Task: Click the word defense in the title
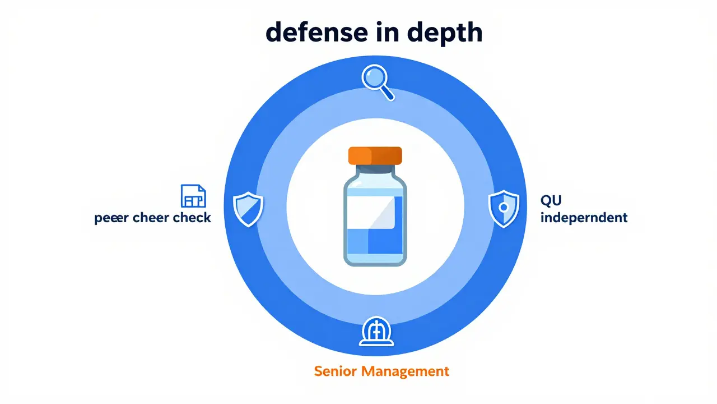click(x=308, y=33)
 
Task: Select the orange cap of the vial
click(x=375, y=155)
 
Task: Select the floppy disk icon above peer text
click(x=193, y=196)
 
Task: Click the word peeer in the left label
click(x=113, y=218)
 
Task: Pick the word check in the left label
click(x=192, y=218)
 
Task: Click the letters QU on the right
click(x=551, y=200)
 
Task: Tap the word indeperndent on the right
click(x=583, y=218)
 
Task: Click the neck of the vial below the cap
click(x=375, y=170)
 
